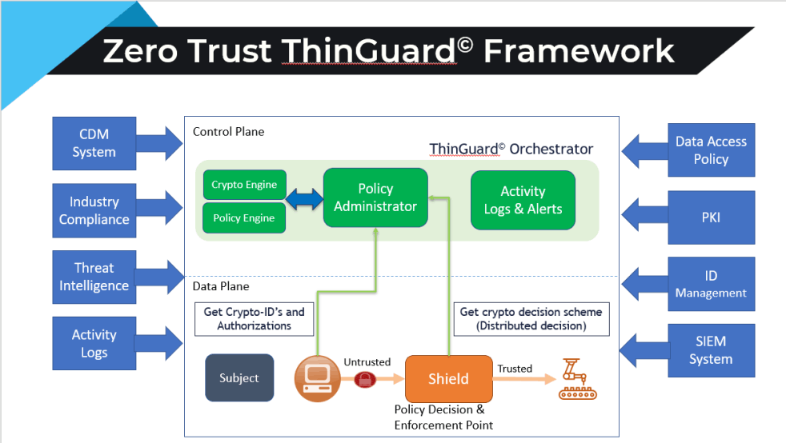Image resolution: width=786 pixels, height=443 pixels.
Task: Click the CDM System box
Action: pyautogui.click(x=94, y=143)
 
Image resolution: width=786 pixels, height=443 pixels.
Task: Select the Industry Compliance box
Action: pyautogui.click(x=94, y=210)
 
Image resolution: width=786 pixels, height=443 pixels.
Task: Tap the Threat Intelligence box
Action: pyautogui.click(x=94, y=277)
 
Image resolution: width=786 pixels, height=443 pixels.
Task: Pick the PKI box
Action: pyautogui.click(x=712, y=218)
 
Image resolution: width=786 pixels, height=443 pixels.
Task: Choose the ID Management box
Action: pyautogui.click(x=712, y=284)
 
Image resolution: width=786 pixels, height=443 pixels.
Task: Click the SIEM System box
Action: pyautogui.click(x=712, y=350)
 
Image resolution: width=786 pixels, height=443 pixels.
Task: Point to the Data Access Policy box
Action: pyautogui.click(x=712, y=150)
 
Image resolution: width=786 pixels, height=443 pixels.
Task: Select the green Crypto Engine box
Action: pyautogui.click(x=245, y=185)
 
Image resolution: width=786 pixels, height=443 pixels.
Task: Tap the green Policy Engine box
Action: pyautogui.click(x=244, y=218)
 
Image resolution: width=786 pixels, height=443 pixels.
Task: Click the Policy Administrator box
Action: pyautogui.click(x=375, y=198)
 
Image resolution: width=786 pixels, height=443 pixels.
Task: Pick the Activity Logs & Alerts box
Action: pyautogui.click(x=523, y=200)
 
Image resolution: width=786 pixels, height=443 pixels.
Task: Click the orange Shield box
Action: pyautogui.click(x=449, y=379)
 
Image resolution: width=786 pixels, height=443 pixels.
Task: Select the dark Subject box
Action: pyautogui.click(x=239, y=378)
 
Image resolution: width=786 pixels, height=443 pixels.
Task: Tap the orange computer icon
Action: pyautogui.click(x=317, y=378)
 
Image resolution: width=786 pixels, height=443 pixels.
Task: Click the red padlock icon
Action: pyautogui.click(x=365, y=379)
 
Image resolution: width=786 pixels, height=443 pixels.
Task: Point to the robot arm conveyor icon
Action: pyautogui.click(x=577, y=379)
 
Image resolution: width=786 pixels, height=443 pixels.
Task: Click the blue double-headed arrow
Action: pyautogui.click(x=304, y=199)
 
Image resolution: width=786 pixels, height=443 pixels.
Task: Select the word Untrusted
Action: pyautogui.click(x=367, y=362)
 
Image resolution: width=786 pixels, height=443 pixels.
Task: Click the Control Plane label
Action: pyautogui.click(x=229, y=132)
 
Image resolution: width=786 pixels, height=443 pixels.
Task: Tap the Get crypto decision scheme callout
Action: pyautogui.click(x=531, y=319)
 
